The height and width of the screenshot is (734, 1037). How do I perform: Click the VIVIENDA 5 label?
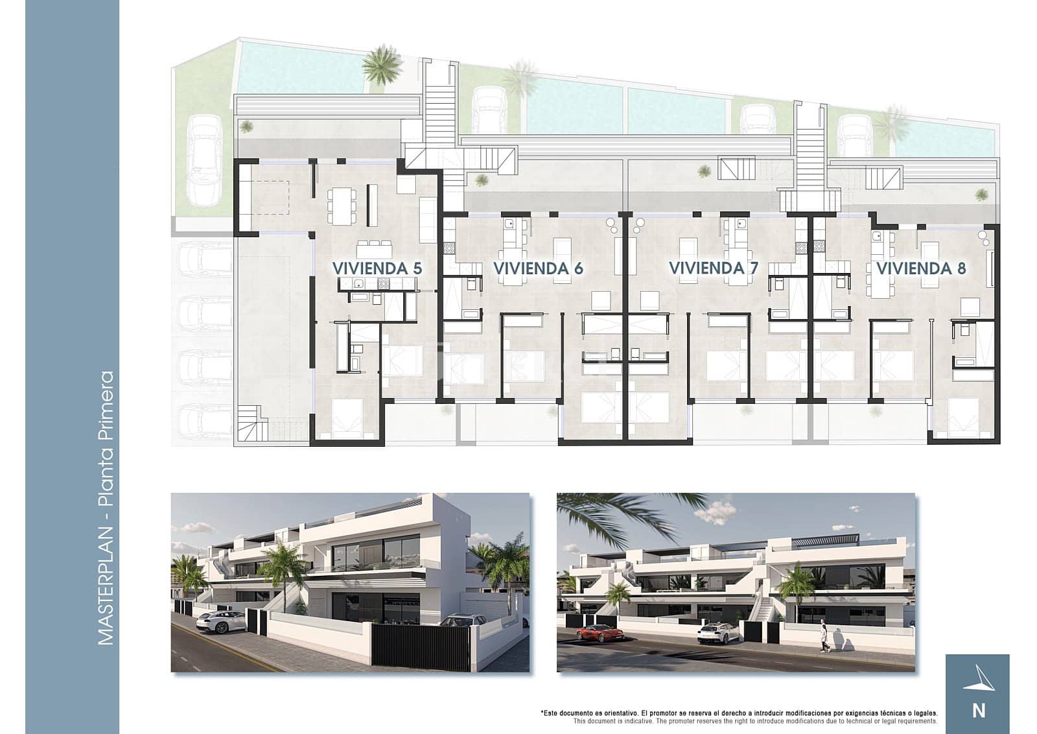pos(377,268)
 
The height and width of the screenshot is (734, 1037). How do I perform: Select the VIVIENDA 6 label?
pos(538,268)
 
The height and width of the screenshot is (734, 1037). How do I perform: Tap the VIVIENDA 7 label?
pos(713,268)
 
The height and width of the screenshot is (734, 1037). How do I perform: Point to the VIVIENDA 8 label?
pos(921,268)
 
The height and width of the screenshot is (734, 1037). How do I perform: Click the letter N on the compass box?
pos(979,711)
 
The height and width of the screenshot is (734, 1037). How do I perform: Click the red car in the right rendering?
pos(598,633)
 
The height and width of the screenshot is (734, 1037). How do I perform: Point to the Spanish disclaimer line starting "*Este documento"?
pos(739,713)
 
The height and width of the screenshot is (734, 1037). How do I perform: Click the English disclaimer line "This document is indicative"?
pos(755,721)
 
